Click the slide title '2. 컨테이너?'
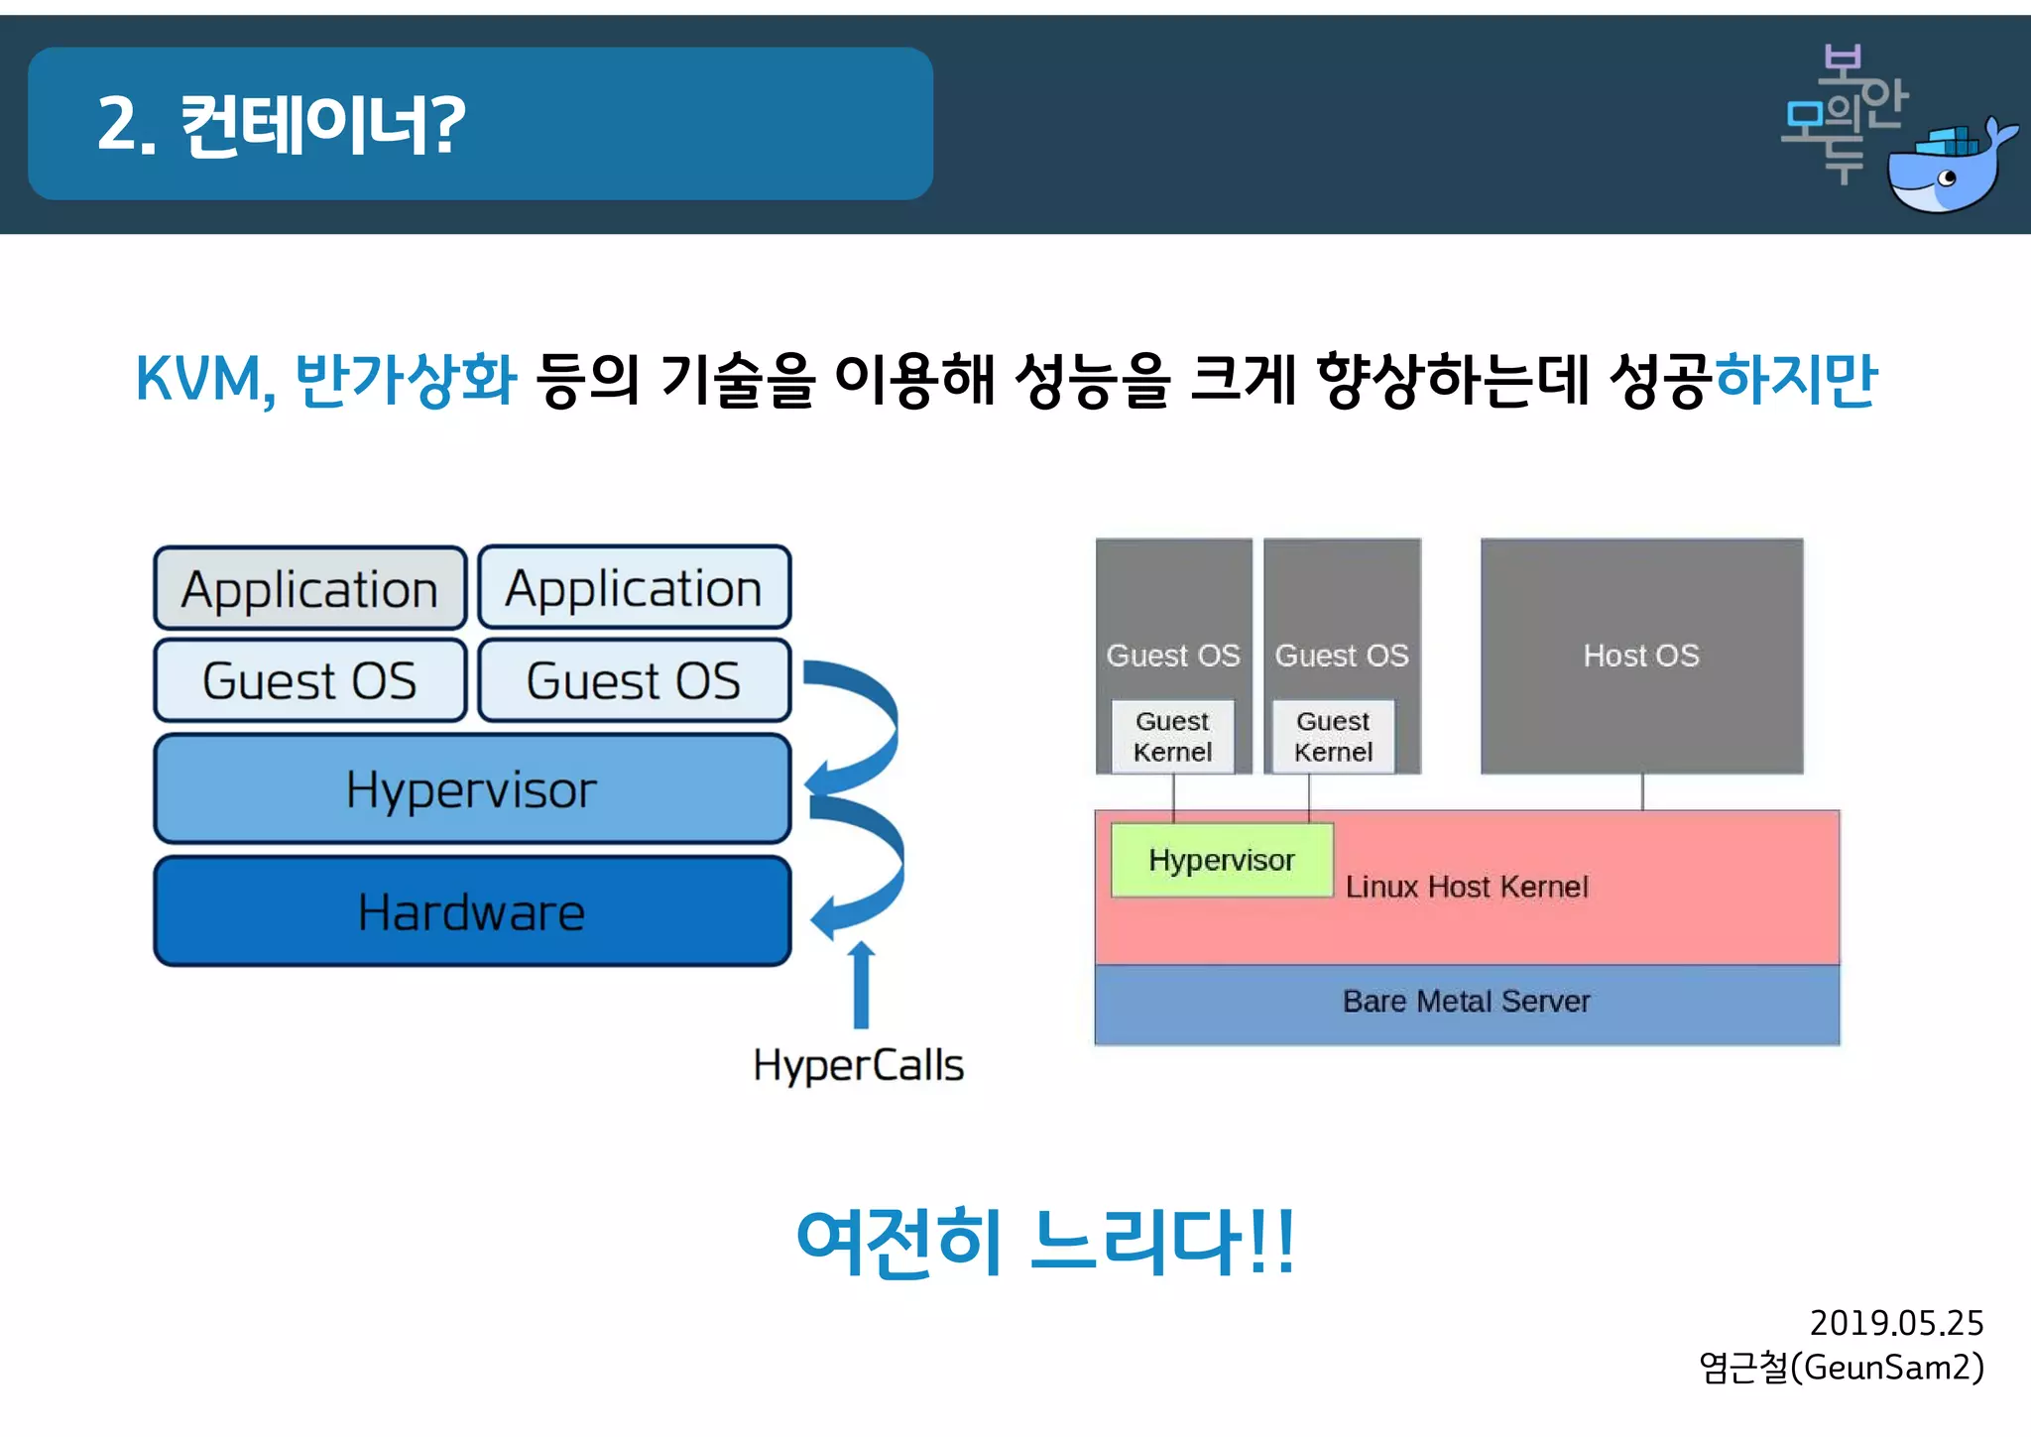pyautogui.click(x=282, y=125)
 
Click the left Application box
pyautogui.click(x=309, y=589)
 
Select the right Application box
pyautogui.click(x=634, y=588)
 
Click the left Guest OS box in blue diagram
pyautogui.click(x=309, y=681)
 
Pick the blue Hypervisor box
pyautogui.click(x=472, y=789)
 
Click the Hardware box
pyautogui.click(x=472, y=911)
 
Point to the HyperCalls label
pyautogui.click(x=858, y=1066)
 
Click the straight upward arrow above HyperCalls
pyautogui.click(x=861, y=986)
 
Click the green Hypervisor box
pyautogui.click(x=1221, y=860)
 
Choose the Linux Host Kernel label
pyautogui.click(x=1466, y=887)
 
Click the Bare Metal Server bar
pyautogui.click(x=1466, y=1003)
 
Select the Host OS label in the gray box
pyautogui.click(x=1641, y=656)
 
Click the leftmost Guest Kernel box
pyautogui.click(x=1172, y=737)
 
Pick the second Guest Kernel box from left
pyautogui.click(x=1333, y=737)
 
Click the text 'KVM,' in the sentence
pyautogui.click(x=204, y=380)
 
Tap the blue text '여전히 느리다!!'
pyautogui.click(x=1045, y=1243)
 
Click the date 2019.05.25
pyautogui.click(x=1895, y=1323)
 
